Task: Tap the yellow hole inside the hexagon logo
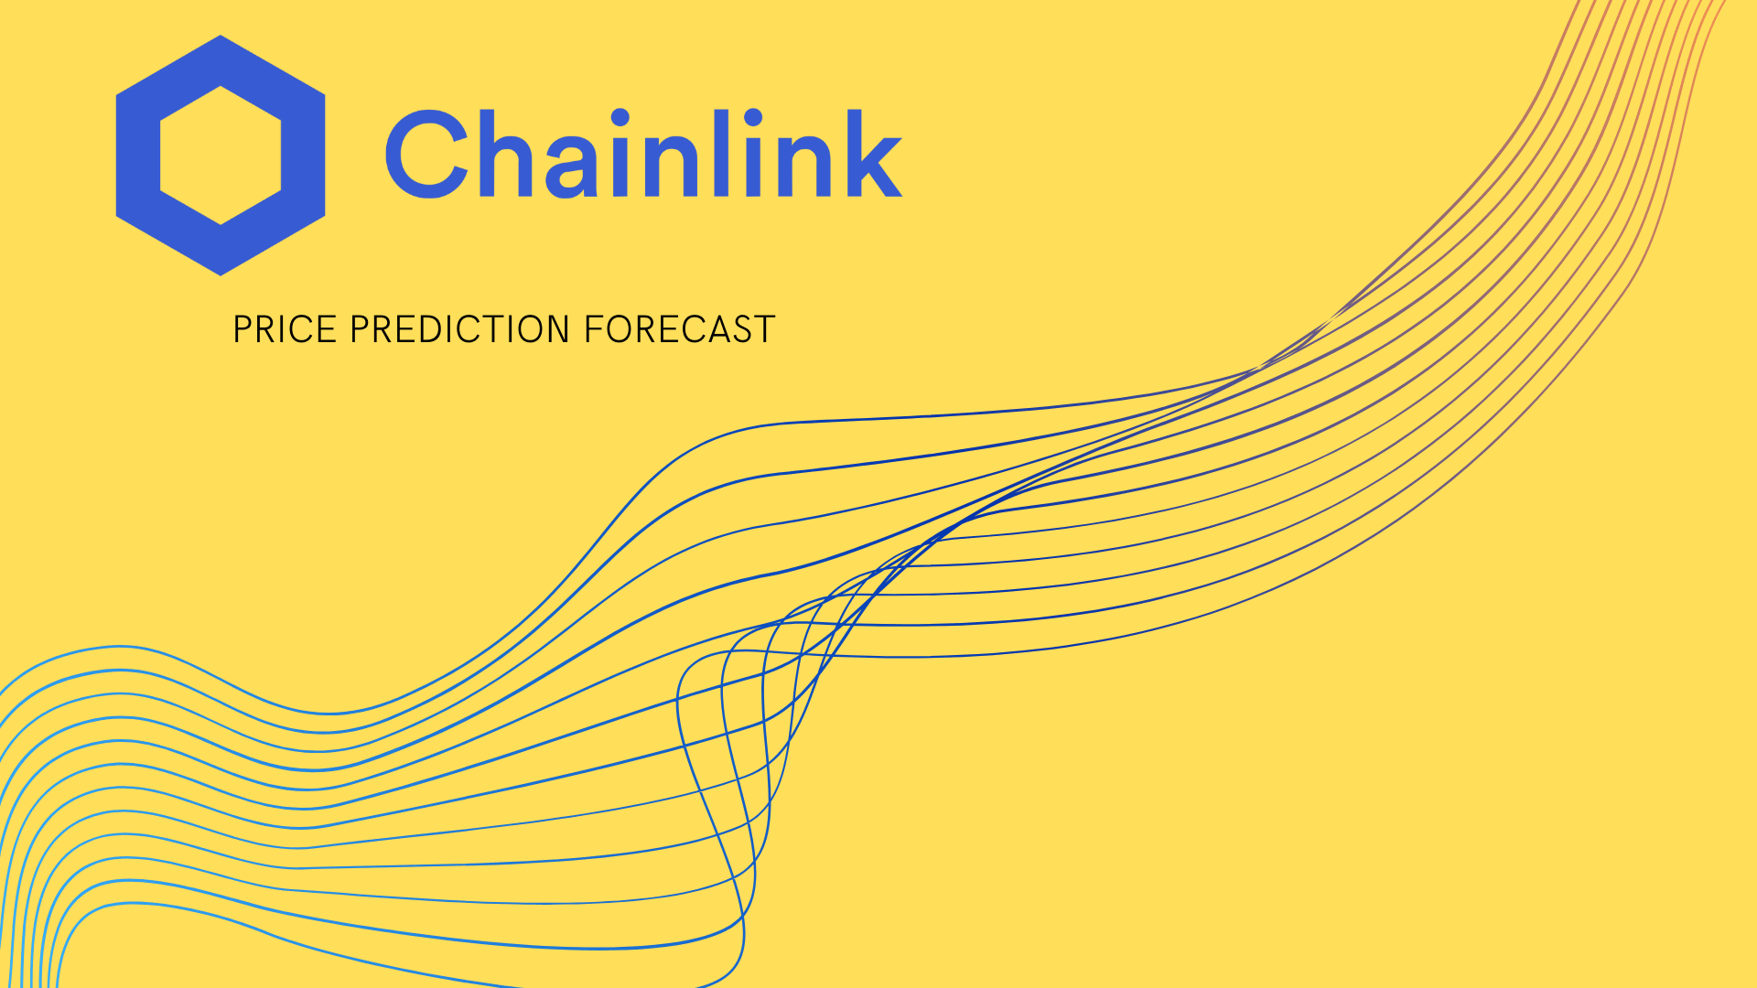(221, 156)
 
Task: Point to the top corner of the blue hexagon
(221, 36)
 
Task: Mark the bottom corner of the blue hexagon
(221, 275)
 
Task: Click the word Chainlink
(644, 153)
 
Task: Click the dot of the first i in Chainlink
(620, 118)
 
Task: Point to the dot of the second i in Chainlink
(752, 118)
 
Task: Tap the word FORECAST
(680, 329)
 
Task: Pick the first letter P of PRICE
(243, 329)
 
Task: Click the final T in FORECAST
(764, 329)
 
